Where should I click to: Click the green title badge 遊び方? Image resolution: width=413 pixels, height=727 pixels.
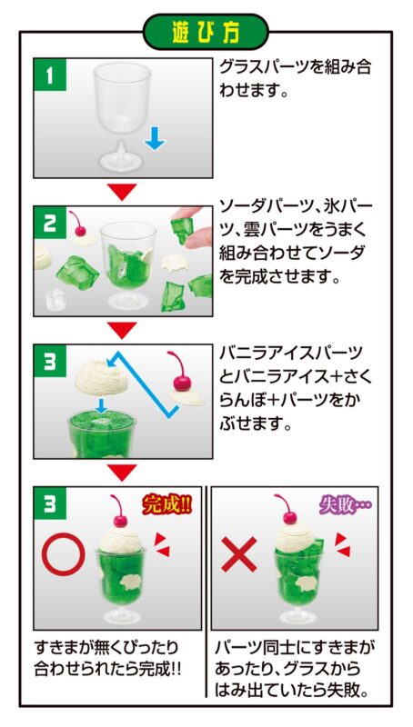click(206, 32)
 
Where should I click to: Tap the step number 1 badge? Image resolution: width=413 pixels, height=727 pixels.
click(50, 75)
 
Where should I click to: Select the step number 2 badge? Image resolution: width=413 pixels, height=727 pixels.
click(50, 223)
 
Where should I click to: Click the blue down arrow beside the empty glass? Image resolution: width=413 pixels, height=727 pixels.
click(154, 138)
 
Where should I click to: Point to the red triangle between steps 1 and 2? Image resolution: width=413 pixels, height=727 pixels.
click(123, 191)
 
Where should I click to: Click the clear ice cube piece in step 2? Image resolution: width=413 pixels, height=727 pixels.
click(54, 300)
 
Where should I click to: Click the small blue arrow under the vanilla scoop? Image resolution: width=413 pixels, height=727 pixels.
click(100, 404)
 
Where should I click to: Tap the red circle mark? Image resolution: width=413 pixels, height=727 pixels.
click(64, 554)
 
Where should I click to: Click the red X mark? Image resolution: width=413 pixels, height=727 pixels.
click(239, 554)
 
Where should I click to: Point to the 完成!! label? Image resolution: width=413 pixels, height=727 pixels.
click(166, 505)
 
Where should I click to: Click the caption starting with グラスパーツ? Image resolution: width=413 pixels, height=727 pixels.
click(295, 78)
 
